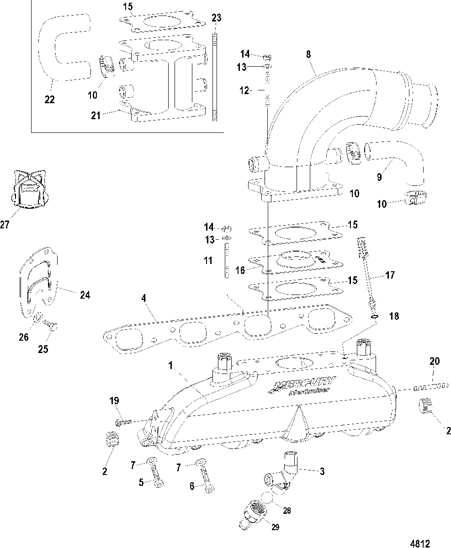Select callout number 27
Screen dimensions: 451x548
click(x=5, y=224)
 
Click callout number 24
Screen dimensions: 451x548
click(x=85, y=295)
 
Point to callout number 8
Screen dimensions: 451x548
click(x=308, y=54)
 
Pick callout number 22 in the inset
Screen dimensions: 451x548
click(x=50, y=99)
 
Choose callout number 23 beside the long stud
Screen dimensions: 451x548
click(x=216, y=18)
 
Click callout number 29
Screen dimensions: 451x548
click(x=275, y=527)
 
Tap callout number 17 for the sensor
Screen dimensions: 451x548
click(x=390, y=275)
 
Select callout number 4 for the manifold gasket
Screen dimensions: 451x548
click(x=144, y=298)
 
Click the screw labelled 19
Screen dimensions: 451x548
click(x=123, y=423)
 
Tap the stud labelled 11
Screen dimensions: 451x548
click(x=227, y=261)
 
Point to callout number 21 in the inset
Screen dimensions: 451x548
click(x=96, y=116)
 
